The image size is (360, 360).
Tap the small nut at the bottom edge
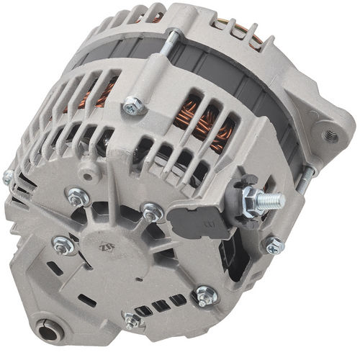(132, 320)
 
